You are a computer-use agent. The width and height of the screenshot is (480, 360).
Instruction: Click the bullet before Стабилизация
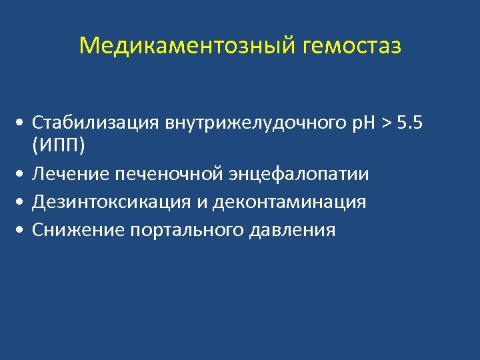(x=23, y=123)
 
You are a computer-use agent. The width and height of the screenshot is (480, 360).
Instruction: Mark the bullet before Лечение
(x=23, y=175)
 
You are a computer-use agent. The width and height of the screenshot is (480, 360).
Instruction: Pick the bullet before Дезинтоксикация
(x=23, y=203)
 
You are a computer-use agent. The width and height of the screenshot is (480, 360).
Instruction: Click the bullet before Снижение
(x=23, y=231)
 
